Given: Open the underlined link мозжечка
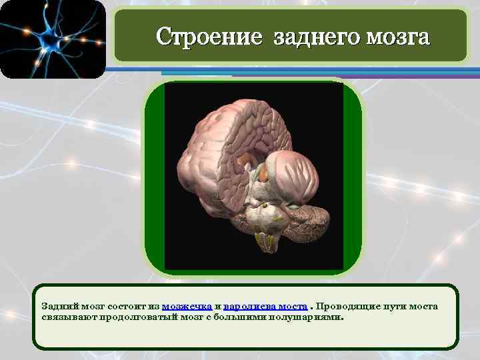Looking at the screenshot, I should [x=187, y=306].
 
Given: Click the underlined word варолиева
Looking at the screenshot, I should [x=247, y=306].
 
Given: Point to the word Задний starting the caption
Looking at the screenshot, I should [x=57, y=306].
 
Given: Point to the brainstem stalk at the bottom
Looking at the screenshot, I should [x=266, y=239].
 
